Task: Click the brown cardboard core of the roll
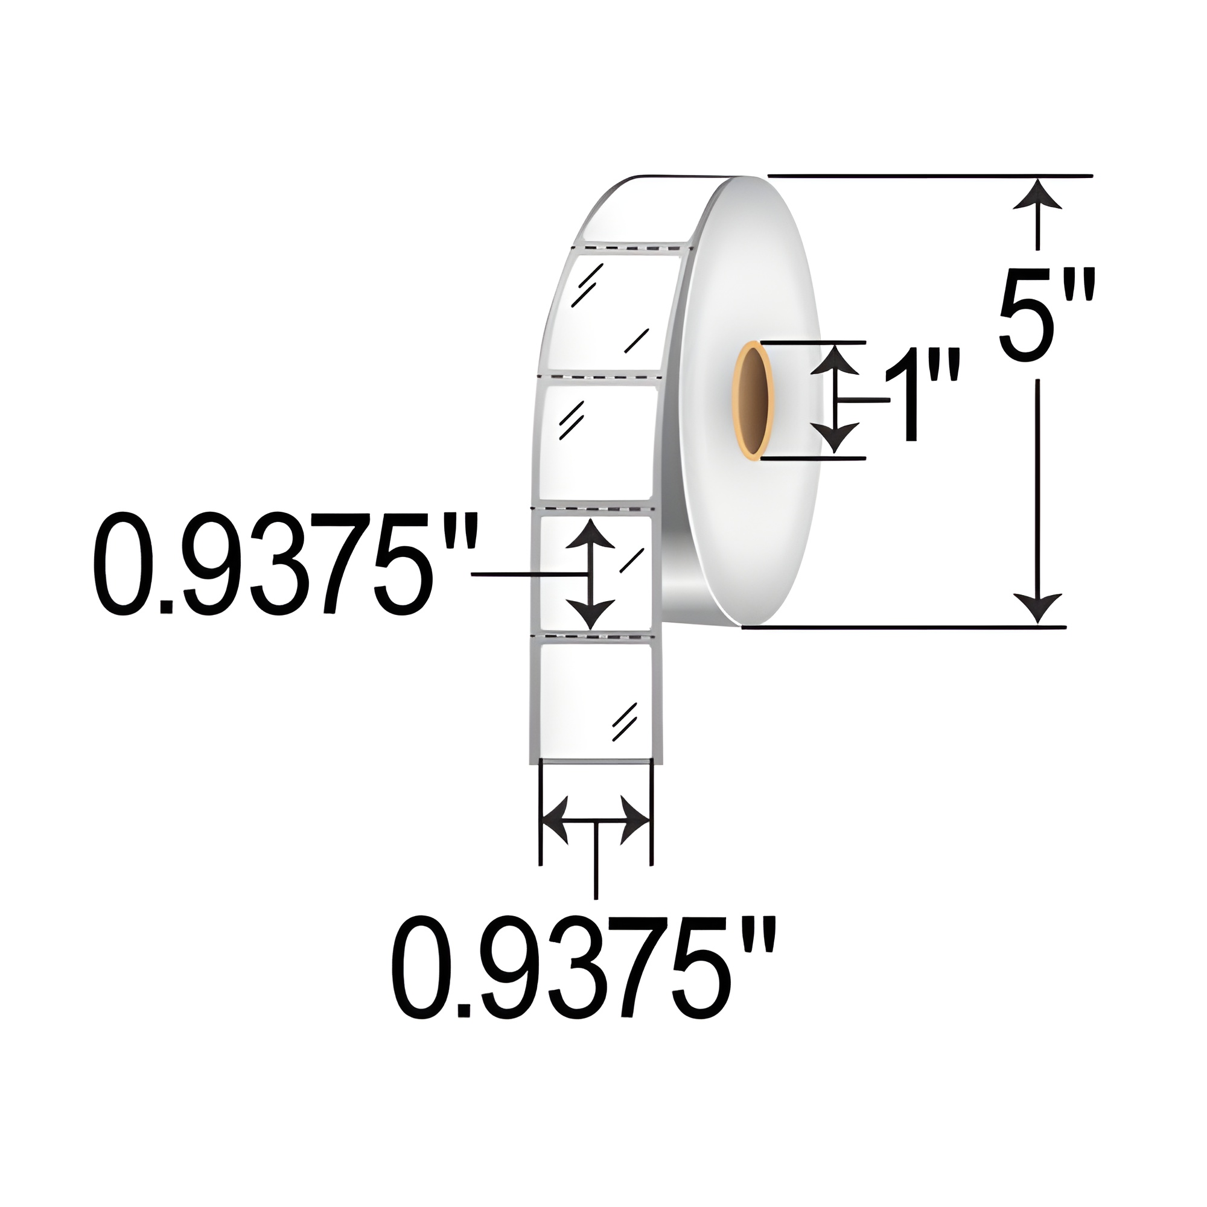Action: pyautogui.click(x=753, y=401)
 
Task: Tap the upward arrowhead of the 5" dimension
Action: pyautogui.click(x=1038, y=197)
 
